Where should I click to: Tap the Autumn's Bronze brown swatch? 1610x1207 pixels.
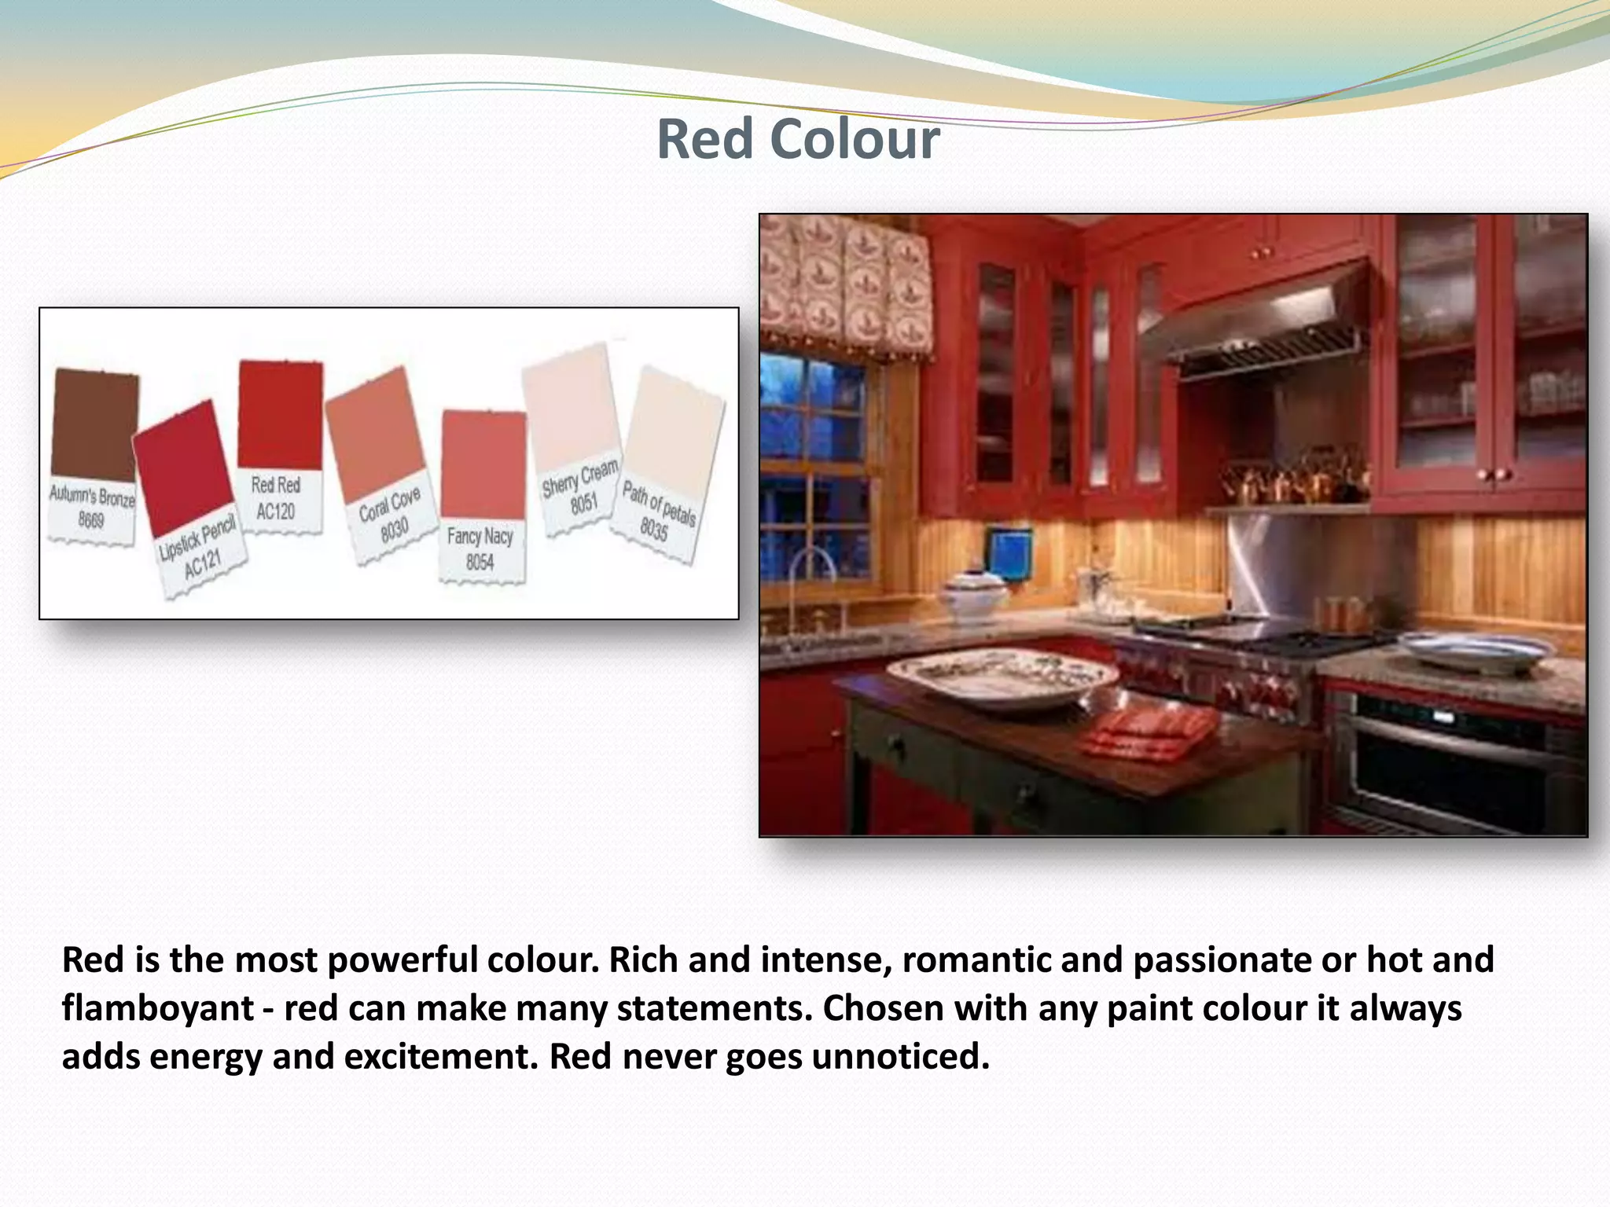click(95, 424)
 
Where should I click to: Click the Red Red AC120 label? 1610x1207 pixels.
click(276, 498)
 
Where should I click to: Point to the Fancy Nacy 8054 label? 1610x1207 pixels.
click(480, 549)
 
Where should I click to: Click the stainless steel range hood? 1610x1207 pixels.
click(1258, 326)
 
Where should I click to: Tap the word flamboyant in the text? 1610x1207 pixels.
click(157, 1009)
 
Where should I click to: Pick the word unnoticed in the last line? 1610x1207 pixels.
click(900, 1057)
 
